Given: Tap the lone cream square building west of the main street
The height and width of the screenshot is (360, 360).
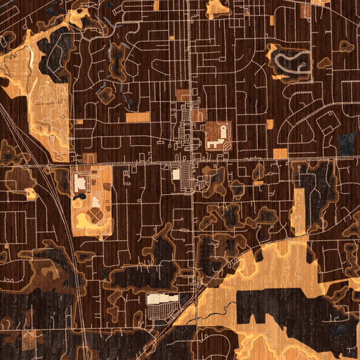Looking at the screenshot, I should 176,174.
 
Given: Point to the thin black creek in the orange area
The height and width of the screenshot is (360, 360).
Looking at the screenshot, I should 216,313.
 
